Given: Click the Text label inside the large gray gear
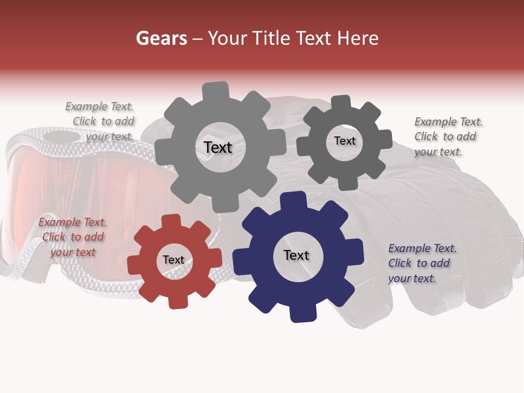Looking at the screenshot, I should (218, 147).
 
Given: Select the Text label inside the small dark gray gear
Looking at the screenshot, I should (344, 141).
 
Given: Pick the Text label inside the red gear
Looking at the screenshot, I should (173, 260).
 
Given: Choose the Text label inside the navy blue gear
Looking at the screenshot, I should (296, 255).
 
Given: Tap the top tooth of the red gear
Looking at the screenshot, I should (171, 221).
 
